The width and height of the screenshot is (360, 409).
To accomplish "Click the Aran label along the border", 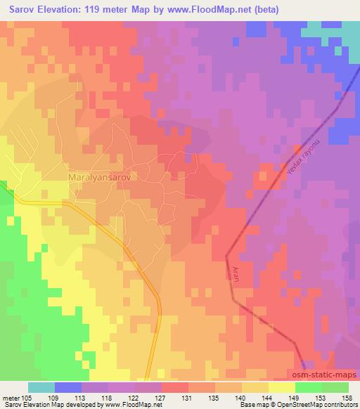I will pyautogui.click(x=236, y=273).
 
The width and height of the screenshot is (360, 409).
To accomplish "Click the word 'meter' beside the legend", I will pyautogui.click(x=11, y=397).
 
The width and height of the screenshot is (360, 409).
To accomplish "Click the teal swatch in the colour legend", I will pyautogui.click(x=41, y=387).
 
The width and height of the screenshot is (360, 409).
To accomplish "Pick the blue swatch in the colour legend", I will pyautogui.click(x=68, y=387).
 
